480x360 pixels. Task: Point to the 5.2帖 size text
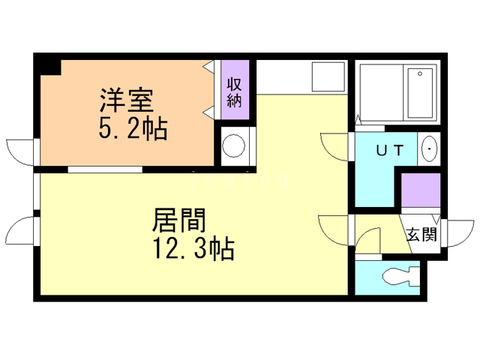[x=132, y=129]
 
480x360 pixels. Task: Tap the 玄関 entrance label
[x=421, y=234]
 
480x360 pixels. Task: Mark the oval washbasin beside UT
[x=430, y=149]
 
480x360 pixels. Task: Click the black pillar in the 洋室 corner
[x=49, y=66]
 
